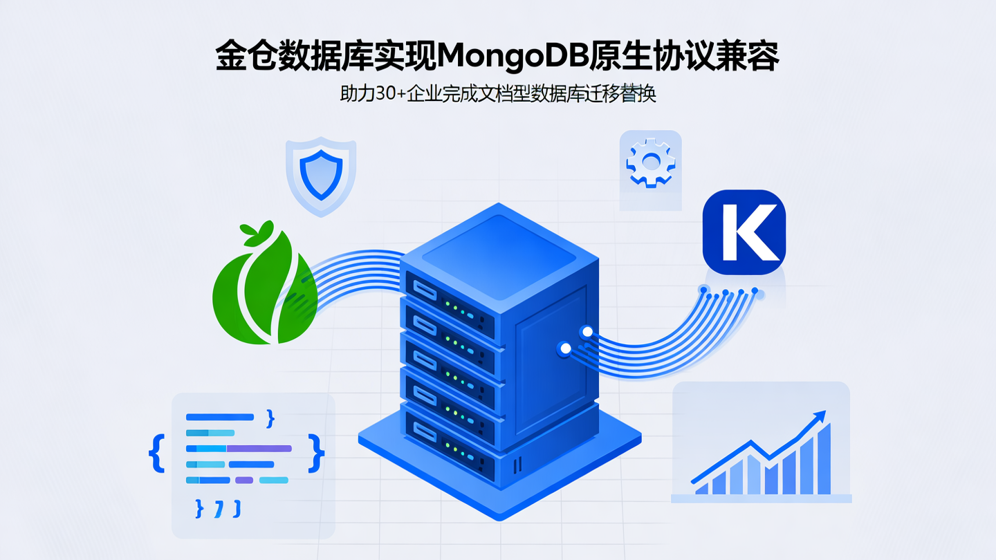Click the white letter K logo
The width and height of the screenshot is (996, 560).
744,232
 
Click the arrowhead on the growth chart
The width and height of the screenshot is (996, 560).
820,416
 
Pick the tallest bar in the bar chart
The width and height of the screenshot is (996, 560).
824,460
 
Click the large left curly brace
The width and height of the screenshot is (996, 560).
156,453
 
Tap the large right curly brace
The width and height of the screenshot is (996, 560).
317,453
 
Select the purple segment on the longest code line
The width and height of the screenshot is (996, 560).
259,449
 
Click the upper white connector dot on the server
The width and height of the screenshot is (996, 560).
587,332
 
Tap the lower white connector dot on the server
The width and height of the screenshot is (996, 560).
565,349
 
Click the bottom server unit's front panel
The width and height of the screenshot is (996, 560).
450,456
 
